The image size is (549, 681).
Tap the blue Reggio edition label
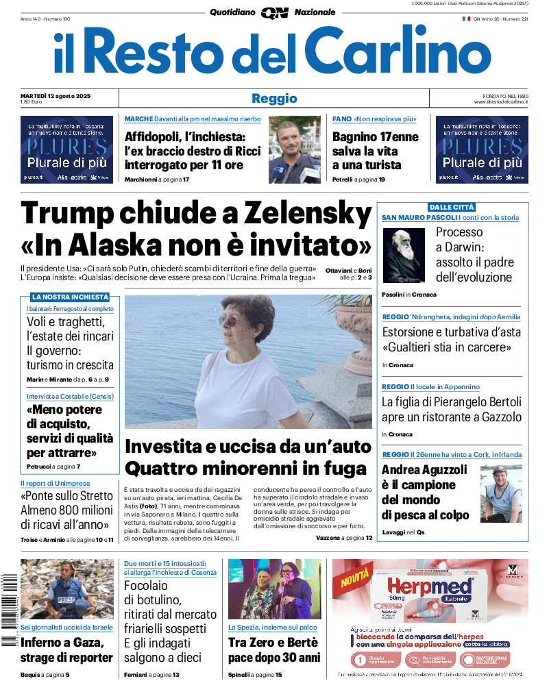[274, 99]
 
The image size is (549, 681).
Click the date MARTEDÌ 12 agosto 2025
[56, 95]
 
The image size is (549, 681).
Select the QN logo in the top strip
[273, 12]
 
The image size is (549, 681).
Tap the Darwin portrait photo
[404, 256]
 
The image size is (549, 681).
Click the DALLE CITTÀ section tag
[452, 207]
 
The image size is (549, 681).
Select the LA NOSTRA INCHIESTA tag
[70, 297]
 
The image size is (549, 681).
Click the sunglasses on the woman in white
[234, 321]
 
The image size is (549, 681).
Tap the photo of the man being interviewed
[294, 149]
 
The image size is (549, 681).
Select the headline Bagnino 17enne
[375, 136]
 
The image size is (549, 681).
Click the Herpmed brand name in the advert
[430, 586]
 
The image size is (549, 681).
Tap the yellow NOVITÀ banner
[354, 577]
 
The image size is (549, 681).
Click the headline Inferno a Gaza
[62, 643]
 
